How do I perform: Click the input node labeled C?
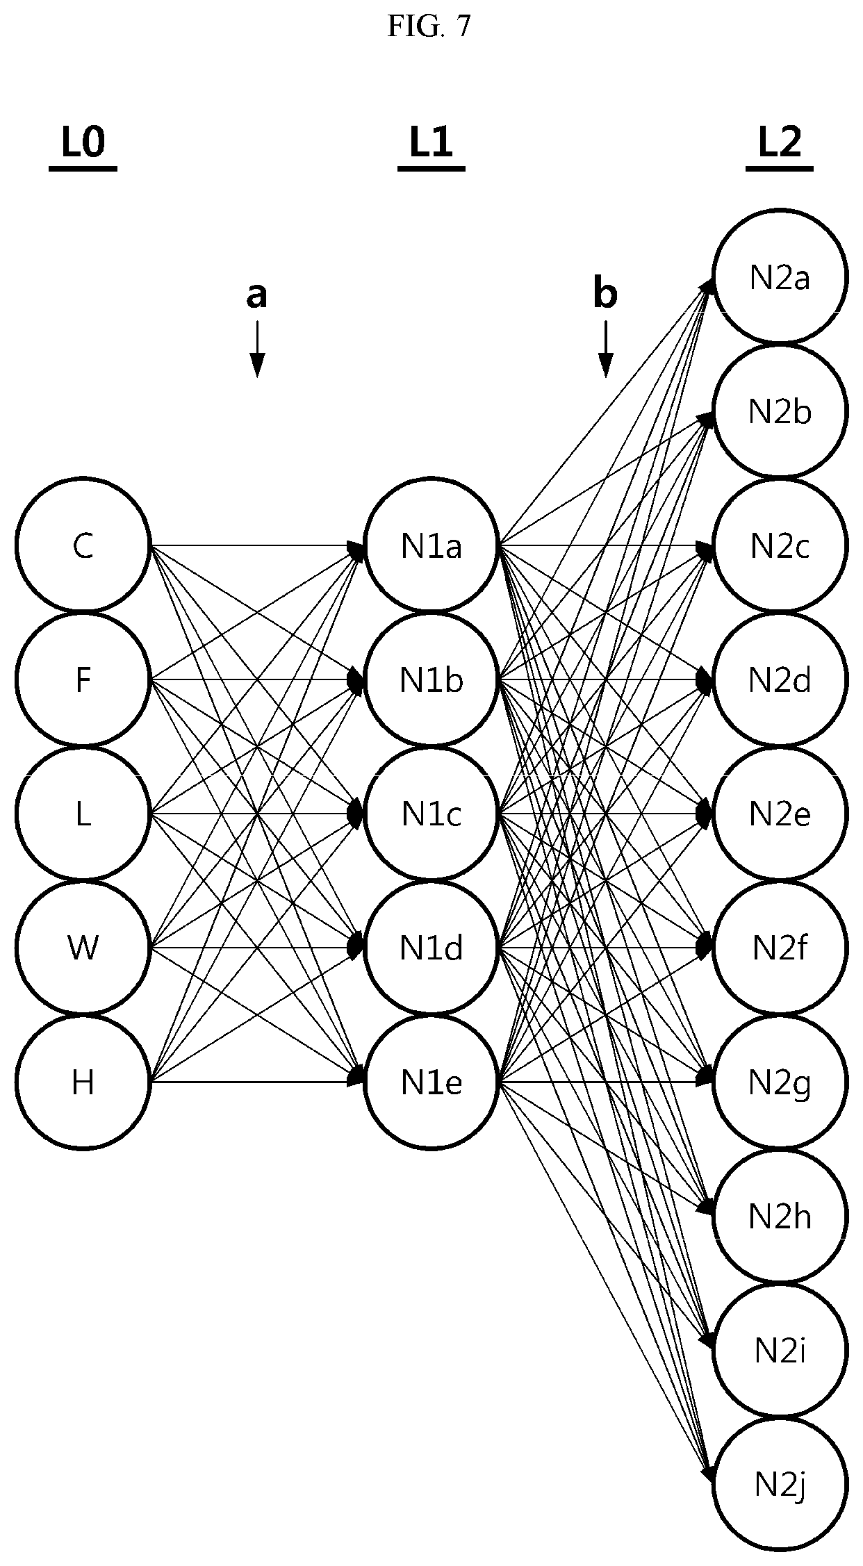pyautogui.click(x=83, y=545)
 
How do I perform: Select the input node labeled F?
pyautogui.click(x=83, y=679)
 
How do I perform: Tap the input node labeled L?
pyautogui.click(x=83, y=814)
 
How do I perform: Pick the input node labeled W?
pyautogui.click(x=83, y=948)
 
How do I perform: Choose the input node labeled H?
pyautogui.click(x=83, y=1082)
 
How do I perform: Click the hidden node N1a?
pyautogui.click(x=431, y=545)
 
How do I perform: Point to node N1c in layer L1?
pyautogui.click(x=431, y=814)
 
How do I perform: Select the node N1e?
pyautogui.click(x=431, y=1082)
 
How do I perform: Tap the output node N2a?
pyautogui.click(x=780, y=277)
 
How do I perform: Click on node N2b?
pyautogui.click(x=780, y=411)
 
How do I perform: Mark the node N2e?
pyautogui.click(x=780, y=814)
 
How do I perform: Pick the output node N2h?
pyautogui.click(x=780, y=1216)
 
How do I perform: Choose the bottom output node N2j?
pyautogui.click(x=780, y=1484)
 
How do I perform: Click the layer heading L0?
pyautogui.click(x=83, y=145)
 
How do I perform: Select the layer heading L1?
pyautogui.click(x=431, y=145)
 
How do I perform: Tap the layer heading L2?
pyautogui.click(x=779, y=145)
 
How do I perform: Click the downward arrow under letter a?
pyautogui.click(x=257, y=349)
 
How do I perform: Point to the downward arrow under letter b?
pyautogui.click(x=605, y=349)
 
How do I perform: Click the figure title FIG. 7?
pyautogui.click(x=429, y=26)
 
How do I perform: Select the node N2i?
pyautogui.click(x=780, y=1350)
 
